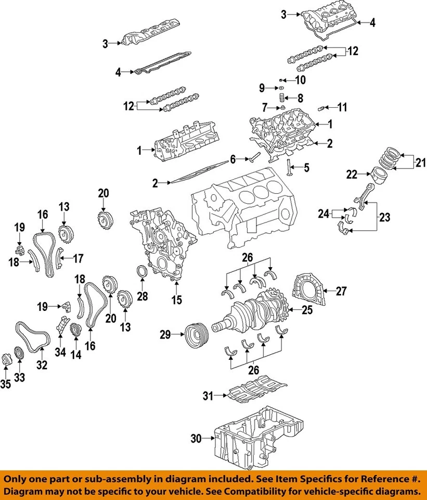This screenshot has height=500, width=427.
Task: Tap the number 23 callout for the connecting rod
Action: pyautogui.click(x=384, y=218)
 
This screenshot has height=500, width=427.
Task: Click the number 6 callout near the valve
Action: pyautogui.click(x=232, y=158)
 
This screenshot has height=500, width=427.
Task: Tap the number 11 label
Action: pyautogui.click(x=342, y=108)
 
